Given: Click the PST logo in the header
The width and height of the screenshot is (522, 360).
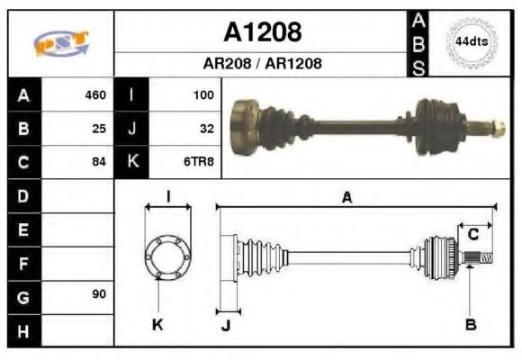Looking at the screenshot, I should [61, 43].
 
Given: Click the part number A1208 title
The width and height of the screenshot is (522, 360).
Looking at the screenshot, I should [262, 32].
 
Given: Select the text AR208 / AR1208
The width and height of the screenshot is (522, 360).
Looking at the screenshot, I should [262, 64].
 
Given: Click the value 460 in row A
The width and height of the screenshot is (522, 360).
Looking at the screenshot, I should [95, 95].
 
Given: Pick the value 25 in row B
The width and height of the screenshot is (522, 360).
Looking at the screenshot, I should [99, 129].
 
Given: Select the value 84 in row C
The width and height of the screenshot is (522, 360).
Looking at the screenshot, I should [99, 162].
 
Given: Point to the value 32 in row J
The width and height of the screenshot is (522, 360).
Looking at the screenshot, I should [206, 129].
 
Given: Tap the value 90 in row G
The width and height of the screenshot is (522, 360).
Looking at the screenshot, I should [99, 295].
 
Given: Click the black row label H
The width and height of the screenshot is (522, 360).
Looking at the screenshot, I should [23, 329].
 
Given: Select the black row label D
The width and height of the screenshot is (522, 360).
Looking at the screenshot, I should [23, 195].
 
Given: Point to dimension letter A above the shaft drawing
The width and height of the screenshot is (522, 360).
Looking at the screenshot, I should [346, 198].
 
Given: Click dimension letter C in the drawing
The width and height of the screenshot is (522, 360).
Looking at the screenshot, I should [472, 235].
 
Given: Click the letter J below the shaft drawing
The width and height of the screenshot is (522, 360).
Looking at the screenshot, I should [226, 325].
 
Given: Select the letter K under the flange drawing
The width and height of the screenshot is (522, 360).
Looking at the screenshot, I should [157, 324].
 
